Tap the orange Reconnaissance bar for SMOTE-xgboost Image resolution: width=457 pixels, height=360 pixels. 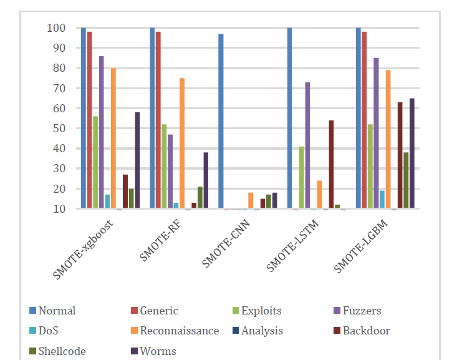tap(113, 138)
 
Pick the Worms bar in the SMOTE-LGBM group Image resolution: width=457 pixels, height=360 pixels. tap(411, 153)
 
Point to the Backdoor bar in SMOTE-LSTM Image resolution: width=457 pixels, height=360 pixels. tap(331, 165)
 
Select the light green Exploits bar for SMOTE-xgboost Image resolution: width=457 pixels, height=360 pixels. tap(95, 162)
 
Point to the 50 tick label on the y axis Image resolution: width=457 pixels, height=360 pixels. tap(58, 129)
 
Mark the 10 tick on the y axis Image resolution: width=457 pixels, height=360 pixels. tap(58, 209)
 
